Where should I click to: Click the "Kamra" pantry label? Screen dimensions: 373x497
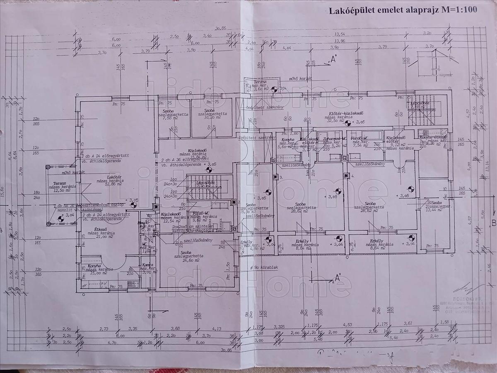click(x=148, y=265)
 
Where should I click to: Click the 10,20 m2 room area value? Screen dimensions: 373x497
click(x=211, y=118)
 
